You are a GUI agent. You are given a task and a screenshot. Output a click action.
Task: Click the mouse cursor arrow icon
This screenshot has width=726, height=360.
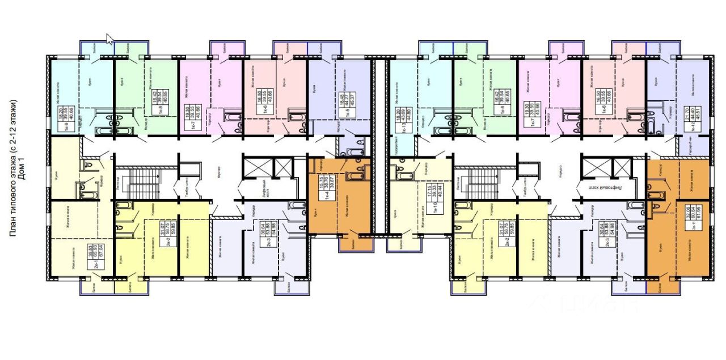pos(110,39)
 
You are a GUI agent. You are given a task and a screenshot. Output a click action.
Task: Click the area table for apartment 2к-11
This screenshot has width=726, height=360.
pos(689,215)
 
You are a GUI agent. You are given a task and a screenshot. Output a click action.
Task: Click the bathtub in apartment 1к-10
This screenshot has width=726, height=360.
pos(404,176)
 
